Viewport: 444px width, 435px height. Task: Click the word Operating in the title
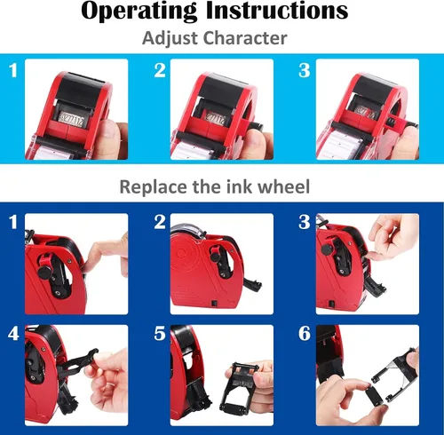point(139,12)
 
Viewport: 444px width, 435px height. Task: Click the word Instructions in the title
point(277,10)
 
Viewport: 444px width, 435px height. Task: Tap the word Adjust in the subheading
point(170,38)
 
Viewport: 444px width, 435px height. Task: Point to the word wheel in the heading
point(283,186)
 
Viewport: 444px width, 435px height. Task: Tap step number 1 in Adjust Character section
point(12,70)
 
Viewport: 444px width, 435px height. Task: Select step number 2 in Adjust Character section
point(160,70)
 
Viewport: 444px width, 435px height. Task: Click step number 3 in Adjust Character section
point(305,70)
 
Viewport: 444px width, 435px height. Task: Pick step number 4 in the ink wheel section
point(13,334)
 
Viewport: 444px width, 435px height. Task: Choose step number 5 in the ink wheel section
point(160,334)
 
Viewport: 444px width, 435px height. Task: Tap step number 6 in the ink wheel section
point(305,334)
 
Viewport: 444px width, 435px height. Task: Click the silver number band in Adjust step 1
point(71,119)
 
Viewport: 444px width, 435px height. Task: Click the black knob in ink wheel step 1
point(44,273)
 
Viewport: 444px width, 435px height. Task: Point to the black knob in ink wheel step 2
point(215,255)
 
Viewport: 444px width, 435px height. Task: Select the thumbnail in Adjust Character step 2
point(222,109)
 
